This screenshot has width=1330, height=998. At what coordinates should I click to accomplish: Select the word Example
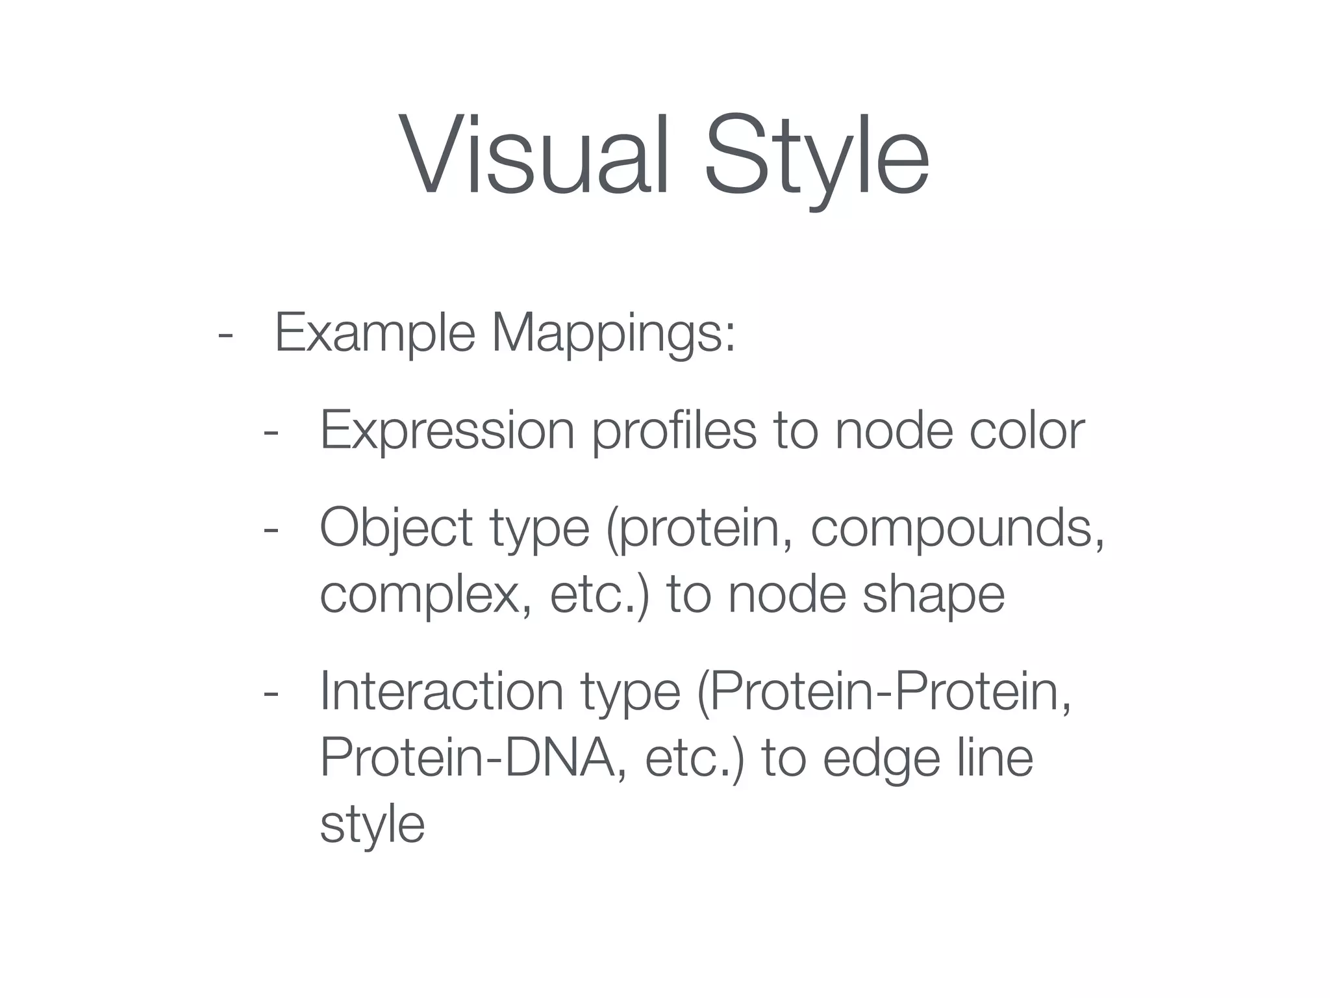(375, 333)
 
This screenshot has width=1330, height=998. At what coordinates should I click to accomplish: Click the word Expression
(447, 431)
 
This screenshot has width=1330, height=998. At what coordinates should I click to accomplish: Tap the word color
(1027, 431)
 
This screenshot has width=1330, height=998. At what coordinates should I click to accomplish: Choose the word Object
(395, 528)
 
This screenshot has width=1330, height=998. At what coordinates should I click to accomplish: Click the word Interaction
(442, 693)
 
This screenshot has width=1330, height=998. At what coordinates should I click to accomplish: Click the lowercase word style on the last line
(372, 825)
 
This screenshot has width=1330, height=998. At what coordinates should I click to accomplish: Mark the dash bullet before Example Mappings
(225, 335)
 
